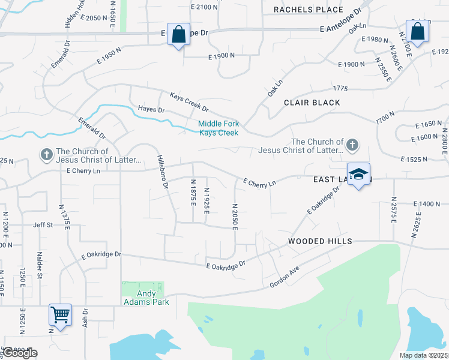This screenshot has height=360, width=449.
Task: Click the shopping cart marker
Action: click(60, 314)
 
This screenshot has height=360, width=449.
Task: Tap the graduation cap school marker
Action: click(358, 174)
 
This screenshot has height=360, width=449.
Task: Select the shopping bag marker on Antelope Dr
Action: click(178, 34)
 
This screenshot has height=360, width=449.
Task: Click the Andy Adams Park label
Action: click(146, 298)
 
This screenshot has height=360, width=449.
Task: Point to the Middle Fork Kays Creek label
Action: click(219, 128)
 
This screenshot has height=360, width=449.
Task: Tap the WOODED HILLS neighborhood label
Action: click(319, 241)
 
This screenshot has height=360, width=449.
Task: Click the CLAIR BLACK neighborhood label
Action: click(312, 103)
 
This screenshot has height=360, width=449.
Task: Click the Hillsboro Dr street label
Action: click(163, 171)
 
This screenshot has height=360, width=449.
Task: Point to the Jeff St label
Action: click(43, 226)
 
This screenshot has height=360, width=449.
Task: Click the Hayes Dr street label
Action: click(151, 110)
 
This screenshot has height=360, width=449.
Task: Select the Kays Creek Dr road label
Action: click(188, 102)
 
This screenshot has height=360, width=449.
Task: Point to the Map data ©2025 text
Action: click(423, 355)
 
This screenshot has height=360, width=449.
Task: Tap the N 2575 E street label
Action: click(394, 210)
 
